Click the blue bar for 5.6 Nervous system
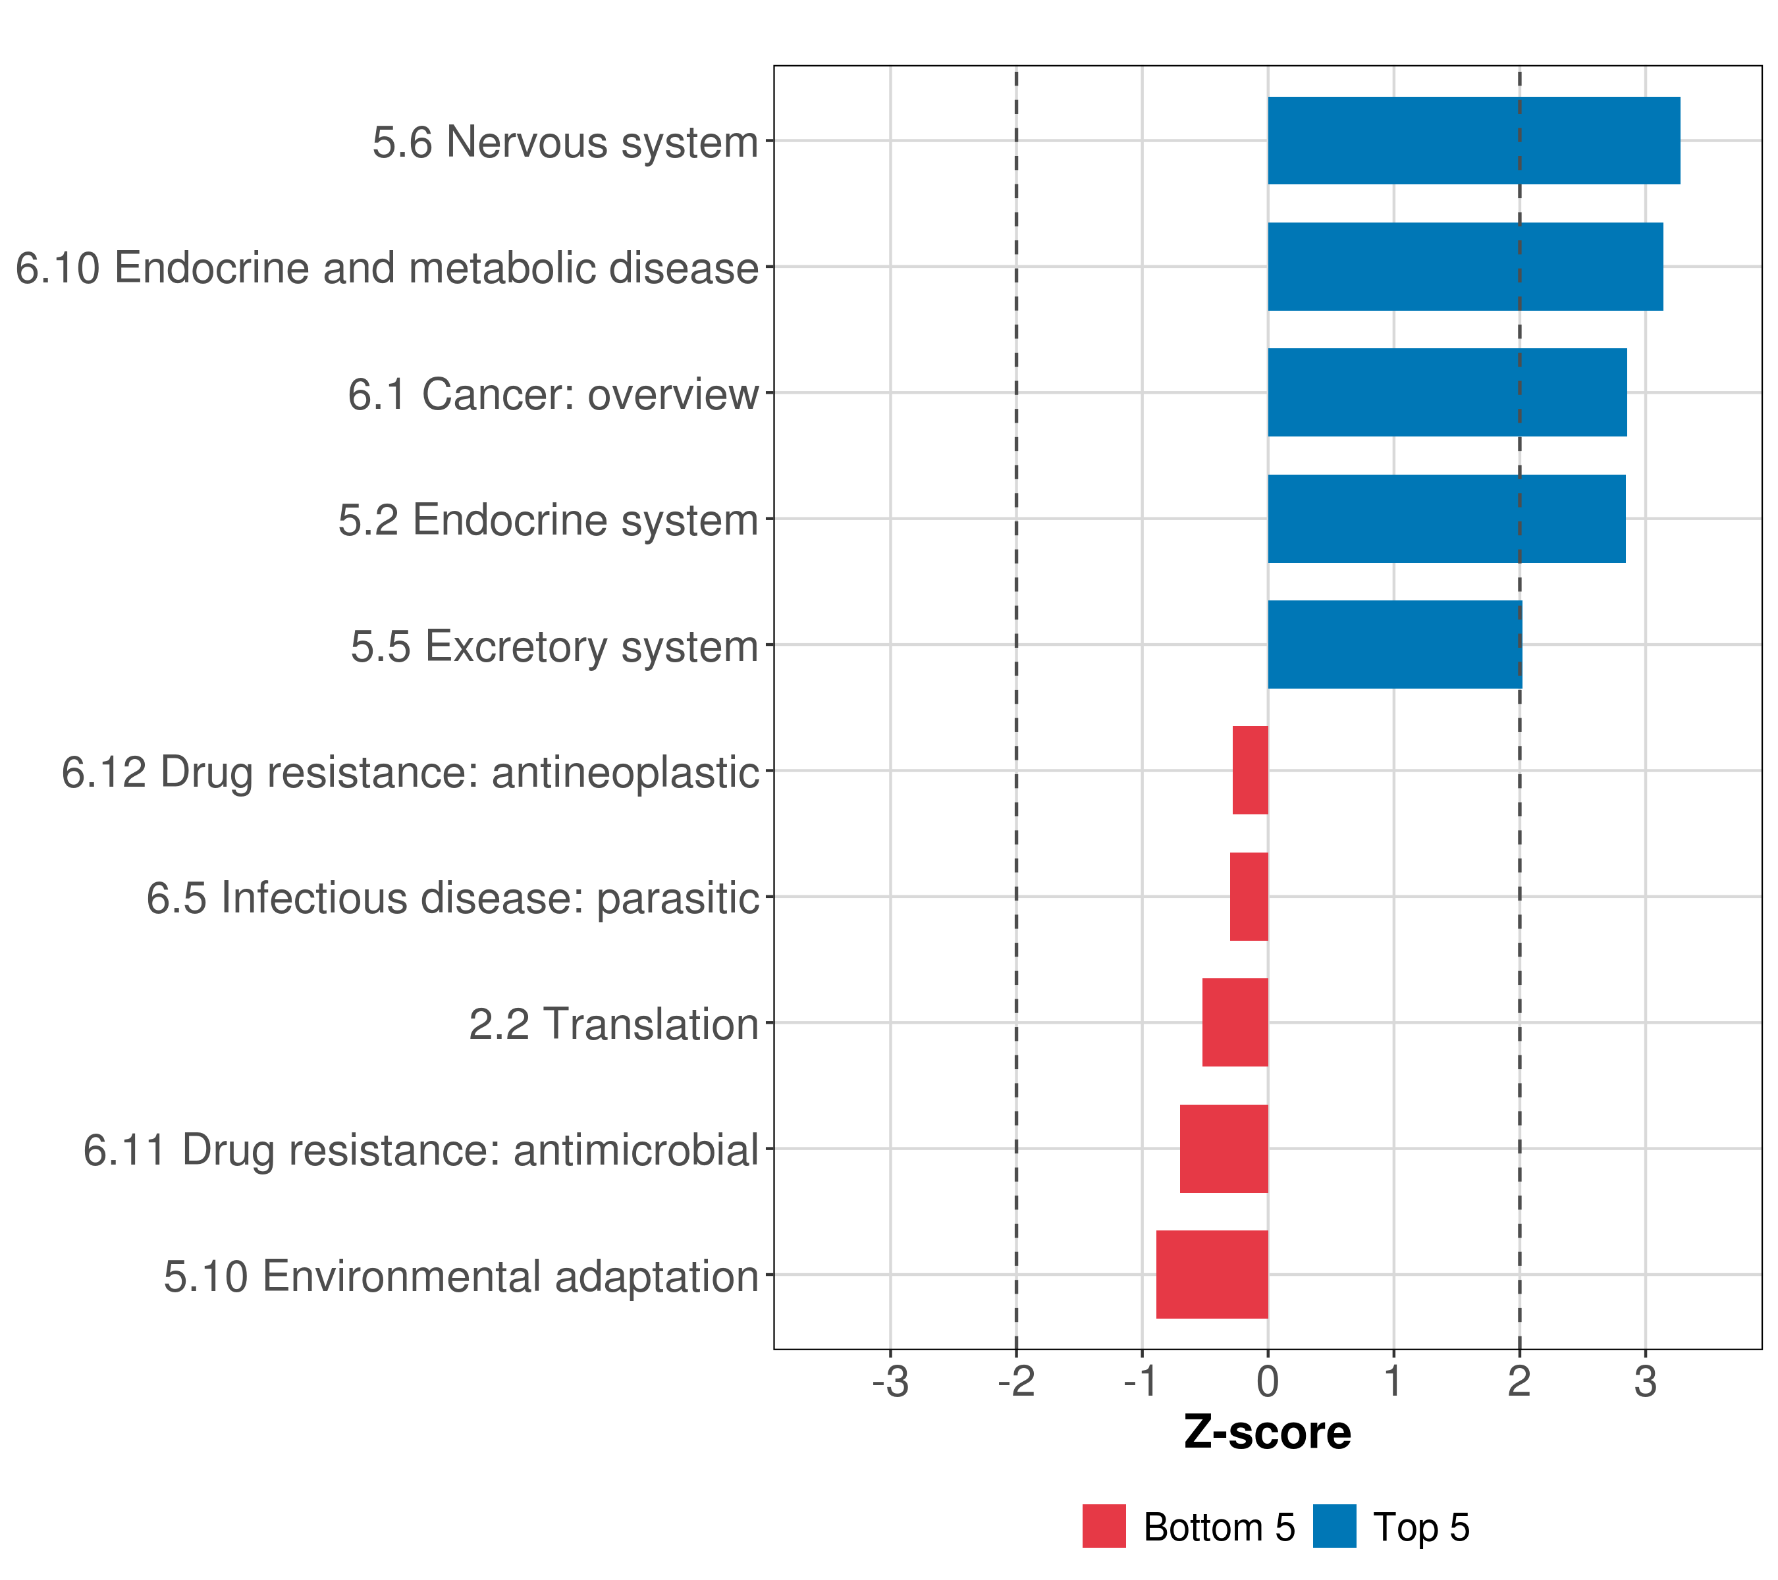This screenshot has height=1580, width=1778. pyautogui.click(x=1474, y=141)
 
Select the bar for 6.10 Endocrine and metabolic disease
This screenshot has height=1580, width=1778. pyautogui.click(x=1465, y=267)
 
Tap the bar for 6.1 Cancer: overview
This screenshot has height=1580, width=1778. pyautogui.click(x=1447, y=392)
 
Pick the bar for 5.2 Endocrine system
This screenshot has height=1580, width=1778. pyautogui.click(x=1445, y=519)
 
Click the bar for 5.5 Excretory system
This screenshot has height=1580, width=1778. pyautogui.click(x=1394, y=645)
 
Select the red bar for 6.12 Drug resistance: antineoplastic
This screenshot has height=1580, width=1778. pyautogui.click(x=1250, y=770)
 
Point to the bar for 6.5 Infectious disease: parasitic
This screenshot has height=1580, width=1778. pyautogui.click(x=1249, y=897)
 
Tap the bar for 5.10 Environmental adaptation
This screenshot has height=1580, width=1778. pyautogui.click(x=1212, y=1275)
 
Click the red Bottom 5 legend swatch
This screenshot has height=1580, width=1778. pyautogui.click(x=1104, y=1526)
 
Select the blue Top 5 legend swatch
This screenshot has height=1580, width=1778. pyautogui.click(x=1334, y=1526)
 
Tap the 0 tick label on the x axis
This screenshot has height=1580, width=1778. pyautogui.click(x=1268, y=1382)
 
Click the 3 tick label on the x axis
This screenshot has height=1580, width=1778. pyautogui.click(x=1645, y=1382)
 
